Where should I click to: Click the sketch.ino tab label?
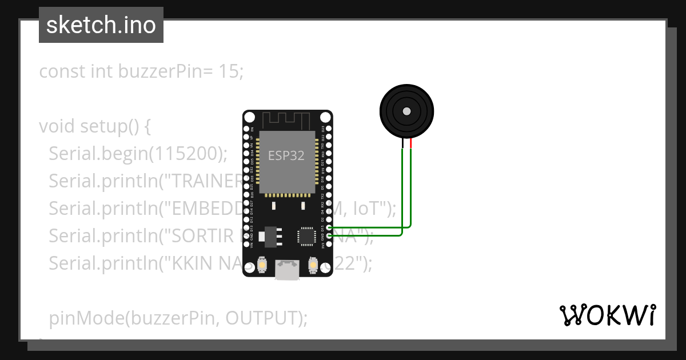tap(101, 25)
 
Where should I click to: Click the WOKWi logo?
tap(607, 315)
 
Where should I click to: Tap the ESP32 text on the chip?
tap(286, 155)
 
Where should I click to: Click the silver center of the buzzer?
tap(407, 111)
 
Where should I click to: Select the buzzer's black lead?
tap(402, 144)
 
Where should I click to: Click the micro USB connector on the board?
tap(286, 270)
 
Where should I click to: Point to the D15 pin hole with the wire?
tap(322, 227)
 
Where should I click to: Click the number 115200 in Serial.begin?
tap(186, 153)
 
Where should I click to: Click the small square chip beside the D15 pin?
tap(306, 235)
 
